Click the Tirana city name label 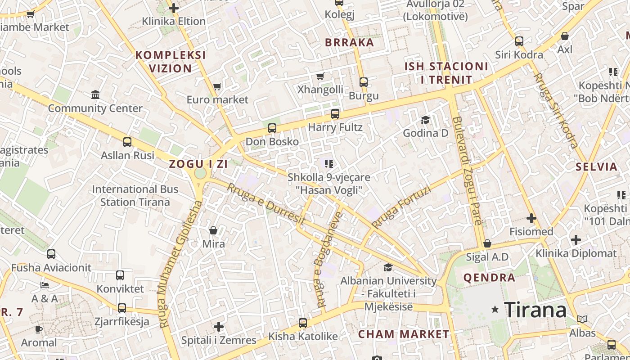(x=535, y=310)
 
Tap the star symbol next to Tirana (x=495, y=309)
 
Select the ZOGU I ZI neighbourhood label (x=198, y=164)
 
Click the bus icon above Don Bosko (x=272, y=128)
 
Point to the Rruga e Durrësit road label (x=266, y=205)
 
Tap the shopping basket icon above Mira (x=213, y=230)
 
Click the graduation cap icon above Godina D (x=425, y=120)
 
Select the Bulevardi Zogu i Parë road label (x=468, y=171)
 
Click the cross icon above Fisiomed (x=531, y=218)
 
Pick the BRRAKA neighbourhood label (x=349, y=43)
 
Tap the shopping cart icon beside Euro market (x=217, y=86)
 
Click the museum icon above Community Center (x=95, y=95)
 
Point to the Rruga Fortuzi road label (x=401, y=207)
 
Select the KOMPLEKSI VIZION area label (x=171, y=62)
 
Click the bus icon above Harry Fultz (x=335, y=114)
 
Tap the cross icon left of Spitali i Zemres (x=219, y=326)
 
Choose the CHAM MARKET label (x=403, y=334)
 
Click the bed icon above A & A (x=44, y=285)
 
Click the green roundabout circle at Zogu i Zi (x=200, y=173)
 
